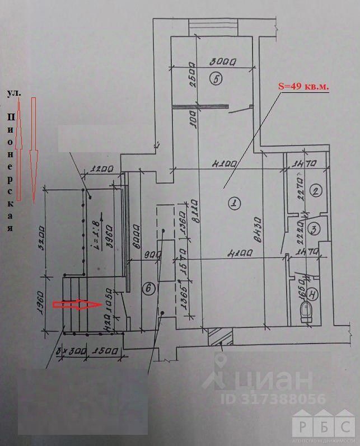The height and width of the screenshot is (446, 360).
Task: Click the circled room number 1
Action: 232,204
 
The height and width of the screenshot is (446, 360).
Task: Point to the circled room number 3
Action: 315,228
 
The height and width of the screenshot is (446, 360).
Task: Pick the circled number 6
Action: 148,289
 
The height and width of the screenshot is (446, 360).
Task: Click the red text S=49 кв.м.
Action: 303,87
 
